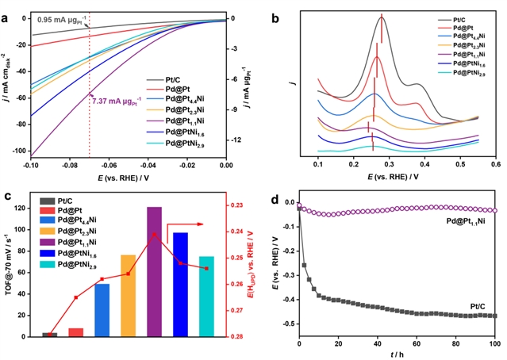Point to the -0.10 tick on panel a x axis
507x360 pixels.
[x=31, y=165]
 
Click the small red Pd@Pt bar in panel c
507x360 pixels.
[x=75, y=331]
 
